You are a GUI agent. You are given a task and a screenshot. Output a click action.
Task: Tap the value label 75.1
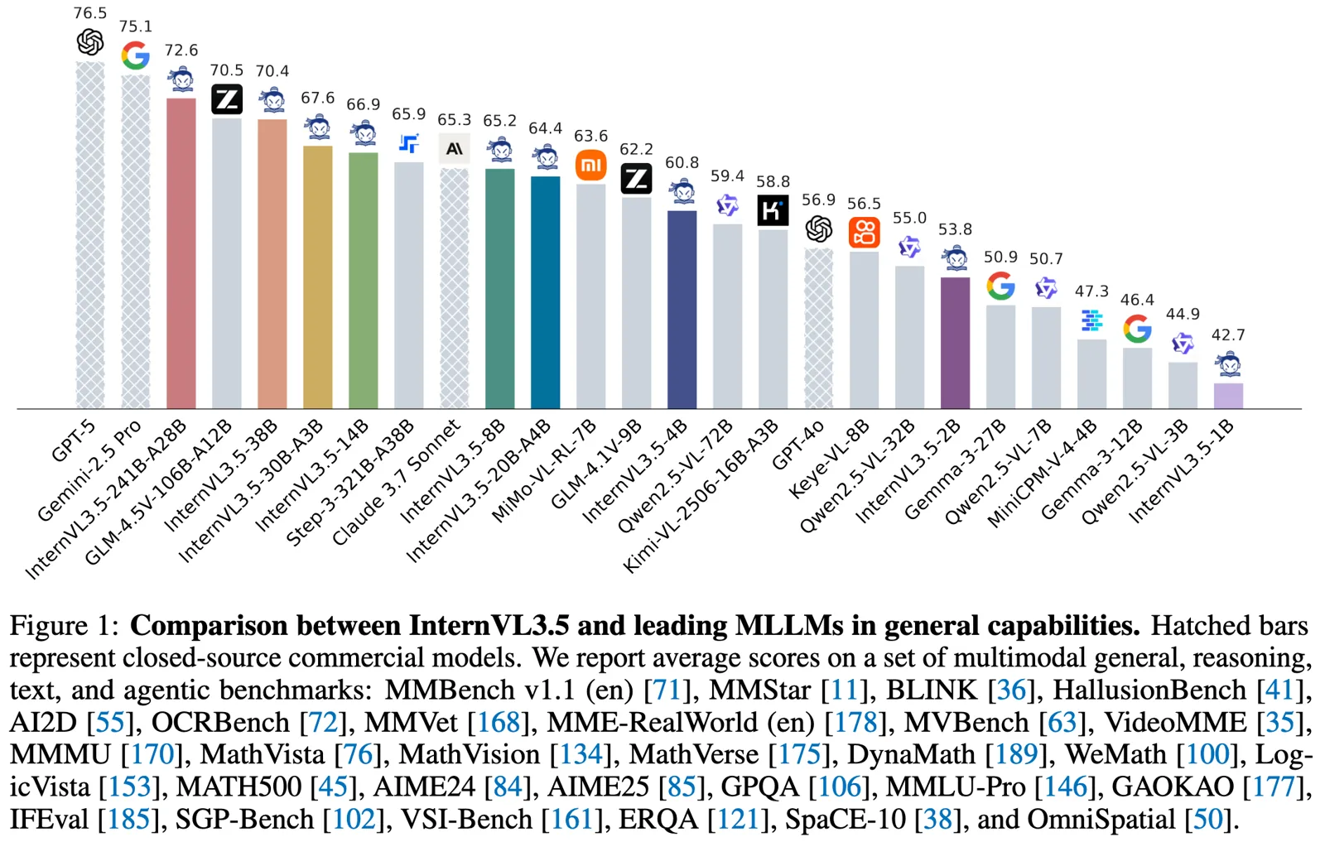click(136, 26)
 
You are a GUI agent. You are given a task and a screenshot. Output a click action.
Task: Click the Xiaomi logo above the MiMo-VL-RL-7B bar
click(590, 166)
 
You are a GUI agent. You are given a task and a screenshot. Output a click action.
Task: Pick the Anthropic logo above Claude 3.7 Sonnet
click(454, 149)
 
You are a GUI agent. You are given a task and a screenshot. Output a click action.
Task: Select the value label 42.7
click(1228, 334)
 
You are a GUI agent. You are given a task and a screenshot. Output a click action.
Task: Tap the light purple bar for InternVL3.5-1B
click(1228, 396)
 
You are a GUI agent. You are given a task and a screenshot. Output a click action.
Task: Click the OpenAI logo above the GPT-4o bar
click(818, 229)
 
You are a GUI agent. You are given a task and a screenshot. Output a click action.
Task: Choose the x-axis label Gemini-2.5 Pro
click(90, 470)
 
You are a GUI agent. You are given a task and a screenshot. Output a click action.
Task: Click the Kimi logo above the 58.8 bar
click(773, 210)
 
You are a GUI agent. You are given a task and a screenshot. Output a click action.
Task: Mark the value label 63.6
click(590, 136)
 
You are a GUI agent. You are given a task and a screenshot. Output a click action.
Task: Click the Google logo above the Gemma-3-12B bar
click(1137, 329)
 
